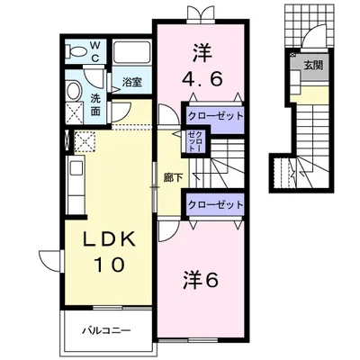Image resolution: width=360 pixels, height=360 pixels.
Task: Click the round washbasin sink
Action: (x=76, y=89)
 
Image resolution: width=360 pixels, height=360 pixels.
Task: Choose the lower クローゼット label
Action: (x=215, y=205)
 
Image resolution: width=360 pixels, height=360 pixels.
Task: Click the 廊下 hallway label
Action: (x=173, y=177)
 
